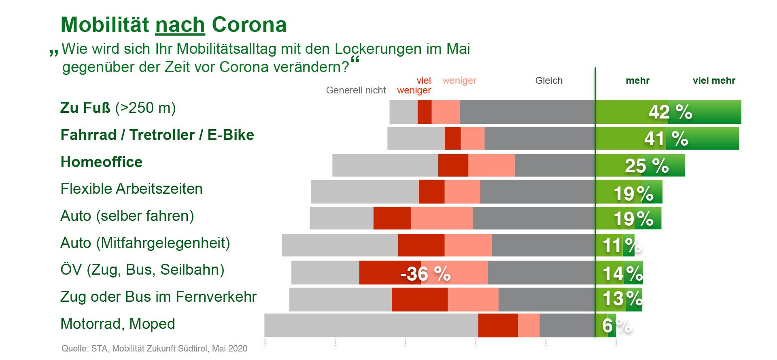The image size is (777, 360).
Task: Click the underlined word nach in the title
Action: pos(180,25)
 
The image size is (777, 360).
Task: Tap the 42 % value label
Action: pos(670,112)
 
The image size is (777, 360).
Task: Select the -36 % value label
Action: pos(425,274)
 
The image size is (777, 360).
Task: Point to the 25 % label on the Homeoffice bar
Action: pos(646,166)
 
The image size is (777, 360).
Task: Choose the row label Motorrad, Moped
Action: pos(118,324)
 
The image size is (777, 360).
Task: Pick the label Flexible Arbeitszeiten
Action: pos(132,189)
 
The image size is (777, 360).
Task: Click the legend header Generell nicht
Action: pos(356,90)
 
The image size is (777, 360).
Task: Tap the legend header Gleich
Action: pos(549,80)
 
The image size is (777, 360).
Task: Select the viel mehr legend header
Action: pos(714,80)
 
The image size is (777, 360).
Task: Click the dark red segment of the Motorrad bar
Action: pos(498,325)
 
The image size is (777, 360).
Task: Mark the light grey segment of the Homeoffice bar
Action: pos(385,165)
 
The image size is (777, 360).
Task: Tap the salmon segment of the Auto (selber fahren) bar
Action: pos(442,218)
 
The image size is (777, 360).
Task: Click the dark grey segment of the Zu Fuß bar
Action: pos(527,112)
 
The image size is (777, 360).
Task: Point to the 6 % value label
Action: pos(616,326)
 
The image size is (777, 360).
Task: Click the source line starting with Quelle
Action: pos(154,349)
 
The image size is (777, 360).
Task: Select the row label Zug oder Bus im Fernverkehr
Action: pos(158,297)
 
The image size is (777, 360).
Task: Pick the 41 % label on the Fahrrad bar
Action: pos(666,139)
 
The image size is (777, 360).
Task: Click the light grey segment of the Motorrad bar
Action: pos(371,325)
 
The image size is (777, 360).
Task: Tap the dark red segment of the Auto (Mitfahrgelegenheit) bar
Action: pos(421,245)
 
